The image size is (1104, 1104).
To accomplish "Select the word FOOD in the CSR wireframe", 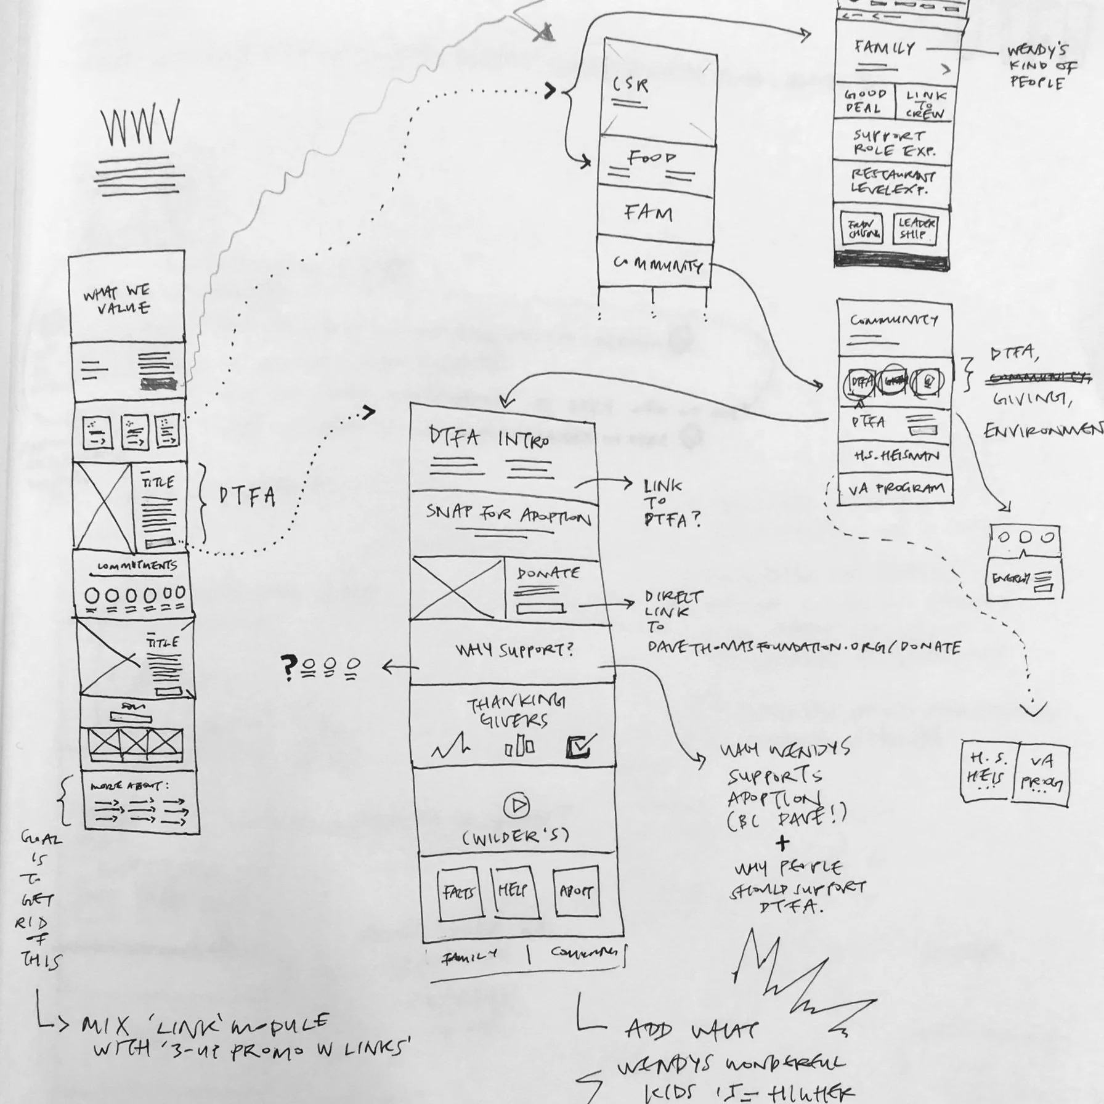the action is [651, 158].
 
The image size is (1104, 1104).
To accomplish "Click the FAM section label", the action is [648, 213].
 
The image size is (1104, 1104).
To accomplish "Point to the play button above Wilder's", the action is [516, 806].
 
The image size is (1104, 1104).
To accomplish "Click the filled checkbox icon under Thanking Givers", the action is [580, 746].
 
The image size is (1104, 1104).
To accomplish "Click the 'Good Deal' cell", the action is [864, 102].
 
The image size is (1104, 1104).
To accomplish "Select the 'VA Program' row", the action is [896, 490].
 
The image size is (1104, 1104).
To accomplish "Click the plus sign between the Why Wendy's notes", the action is [782, 843].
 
